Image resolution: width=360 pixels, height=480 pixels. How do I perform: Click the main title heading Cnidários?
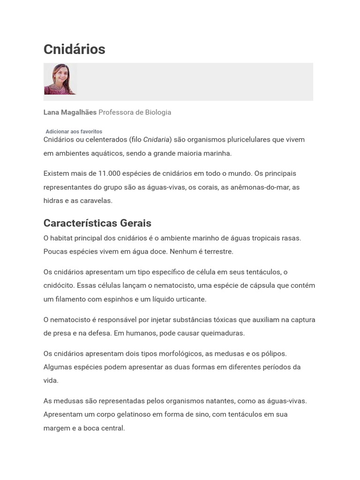click(74, 49)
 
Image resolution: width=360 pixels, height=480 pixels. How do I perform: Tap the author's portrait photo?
click(60, 79)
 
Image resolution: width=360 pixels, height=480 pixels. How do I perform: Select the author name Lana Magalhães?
click(70, 112)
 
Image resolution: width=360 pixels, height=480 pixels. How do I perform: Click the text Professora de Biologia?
click(135, 112)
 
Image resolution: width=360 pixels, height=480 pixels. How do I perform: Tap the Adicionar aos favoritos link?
click(74, 132)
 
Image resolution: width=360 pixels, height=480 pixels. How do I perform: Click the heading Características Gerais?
click(97, 223)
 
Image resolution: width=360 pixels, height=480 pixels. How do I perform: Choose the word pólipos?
click(273, 353)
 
